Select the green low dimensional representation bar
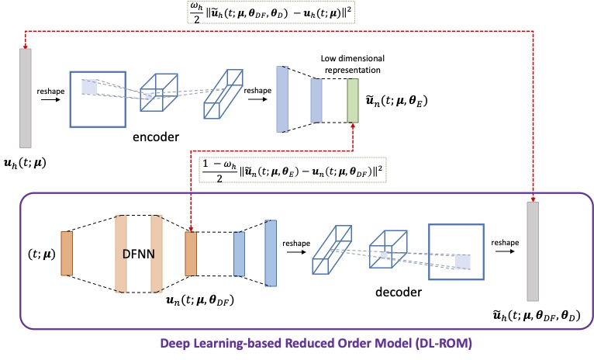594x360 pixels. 354,100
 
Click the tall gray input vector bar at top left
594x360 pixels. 26,97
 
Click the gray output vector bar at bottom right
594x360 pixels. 533,251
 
